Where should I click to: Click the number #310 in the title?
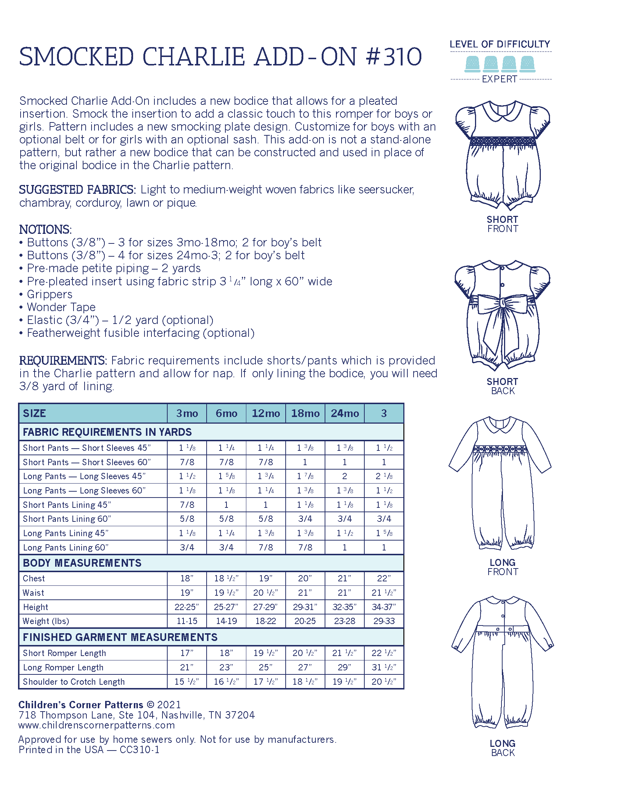click(394, 57)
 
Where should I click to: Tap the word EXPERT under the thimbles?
click(499, 79)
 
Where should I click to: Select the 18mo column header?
click(305, 413)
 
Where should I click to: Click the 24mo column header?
click(344, 413)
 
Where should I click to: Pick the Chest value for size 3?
click(383, 578)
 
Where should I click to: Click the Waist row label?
click(33, 593)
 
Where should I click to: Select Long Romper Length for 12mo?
click(265, 667)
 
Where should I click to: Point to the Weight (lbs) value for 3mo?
click(187, 621)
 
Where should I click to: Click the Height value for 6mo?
click(226, 607)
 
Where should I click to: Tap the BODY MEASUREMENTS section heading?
click(82, 563)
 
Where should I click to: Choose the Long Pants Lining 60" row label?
click(65, 548)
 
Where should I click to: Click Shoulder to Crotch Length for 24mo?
click(344, 681)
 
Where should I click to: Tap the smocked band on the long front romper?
click(500, 449)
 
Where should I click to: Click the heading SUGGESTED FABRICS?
click(77, 190)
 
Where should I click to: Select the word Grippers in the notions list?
click(50, 295)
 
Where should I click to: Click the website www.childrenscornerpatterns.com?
click(96, 725)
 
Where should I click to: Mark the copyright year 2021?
click(169, 705)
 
